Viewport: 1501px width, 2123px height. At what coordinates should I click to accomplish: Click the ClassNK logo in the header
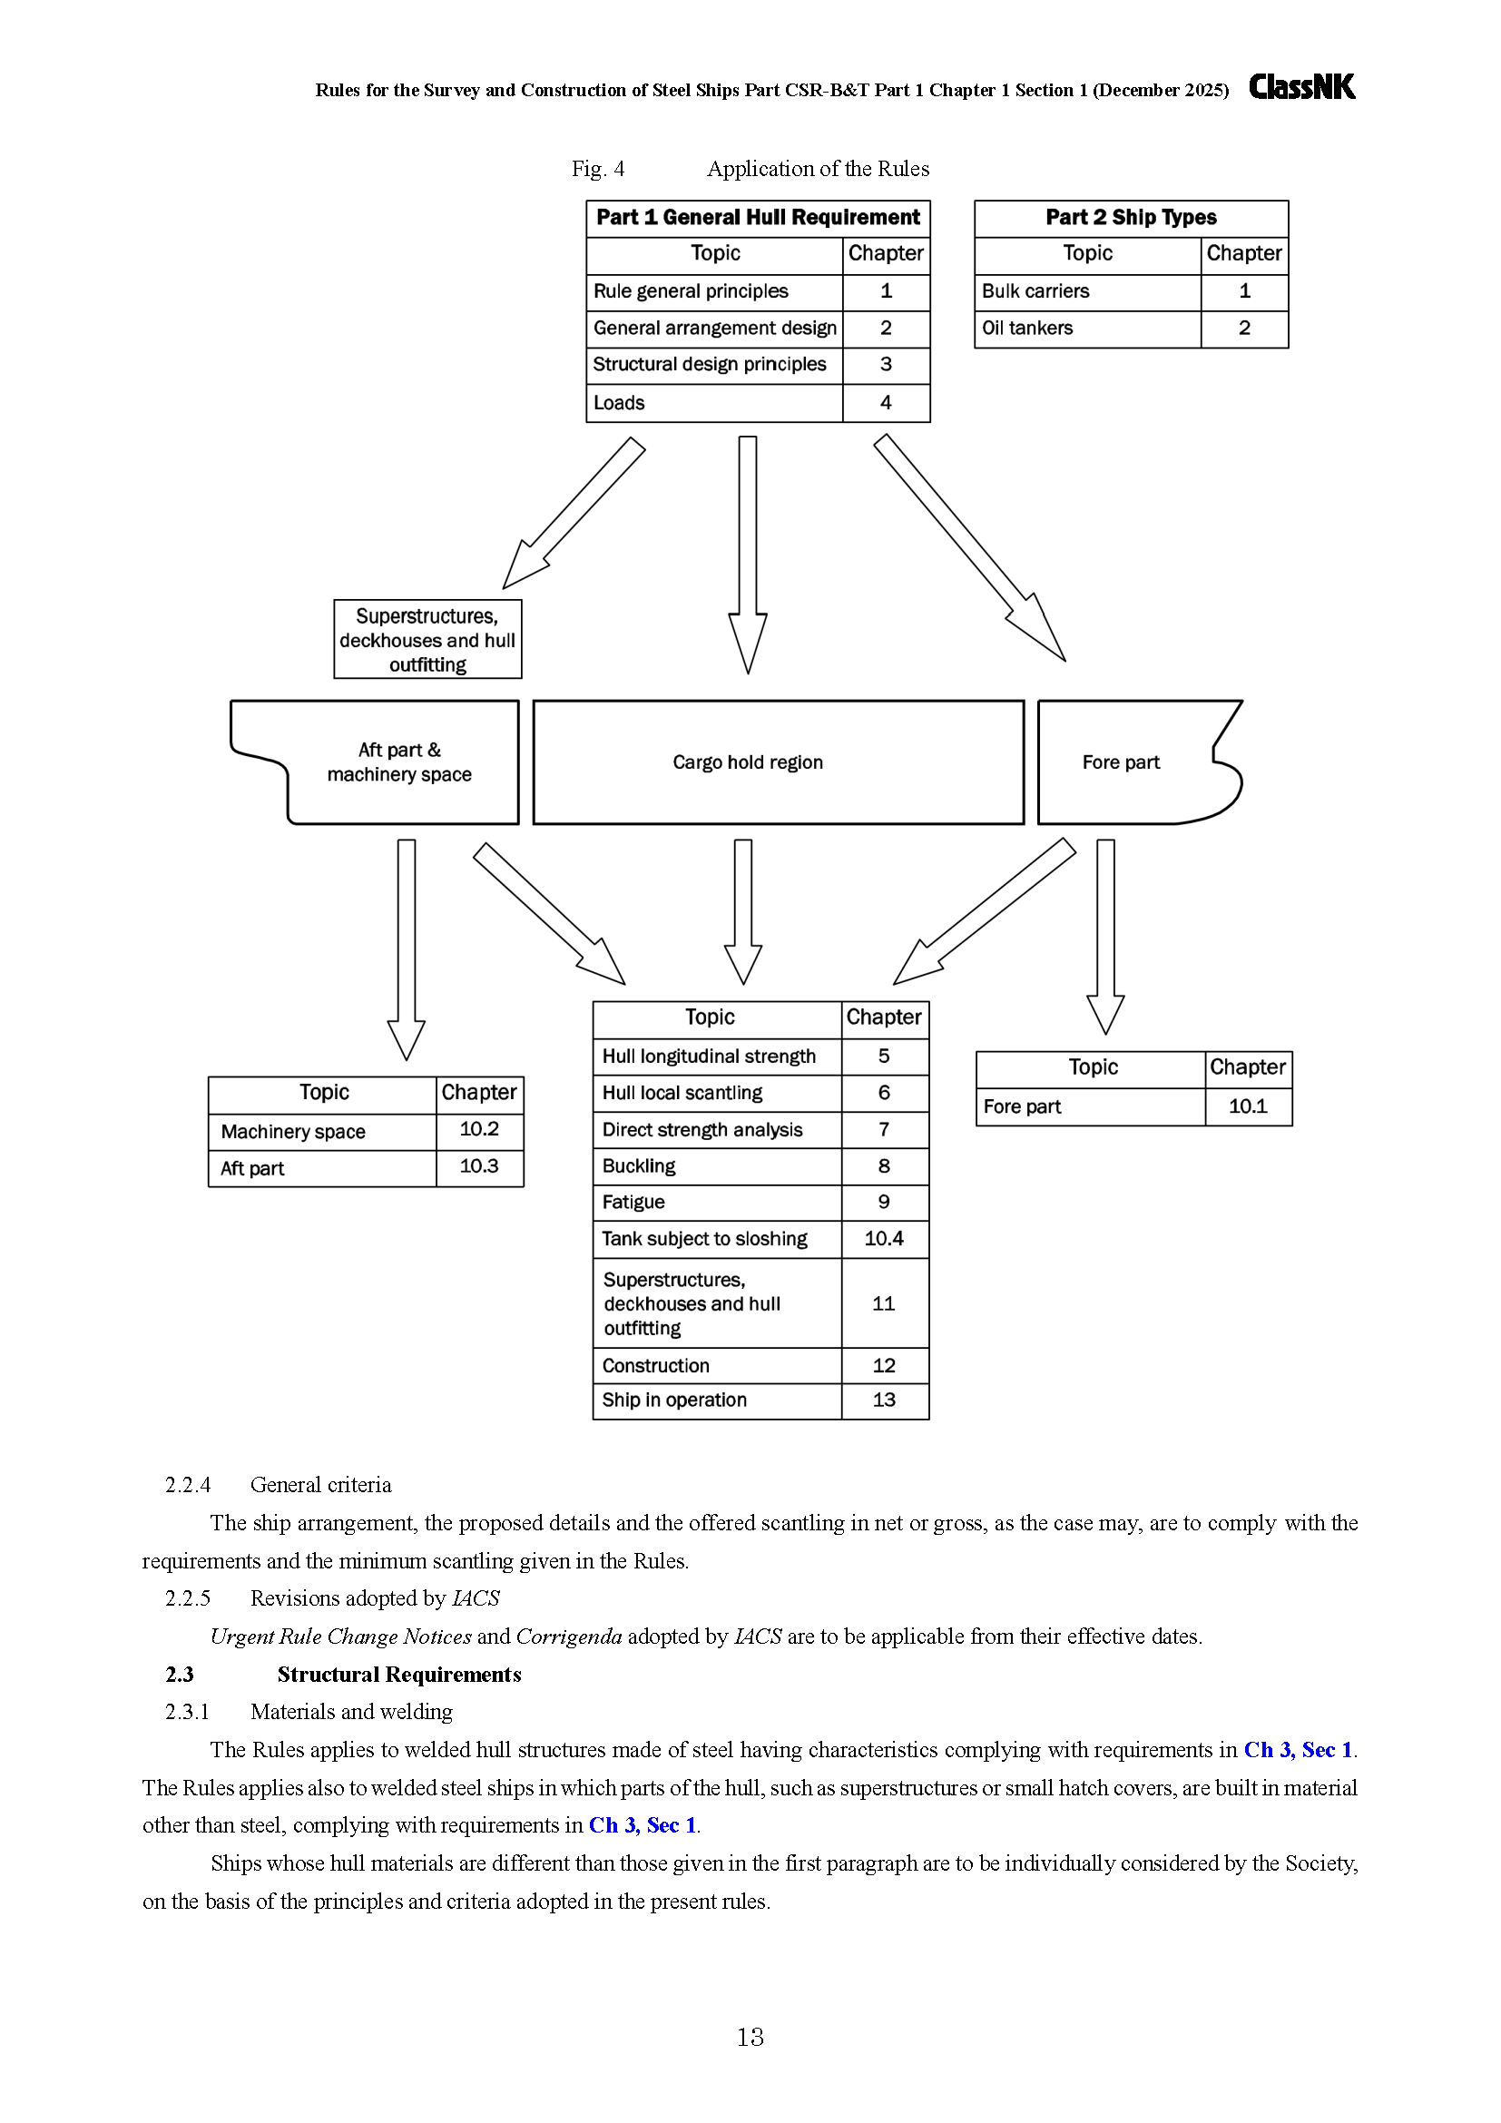1301,87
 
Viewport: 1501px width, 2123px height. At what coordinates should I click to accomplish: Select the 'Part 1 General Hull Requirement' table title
758,218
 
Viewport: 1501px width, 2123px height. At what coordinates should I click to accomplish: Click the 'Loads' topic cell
714,403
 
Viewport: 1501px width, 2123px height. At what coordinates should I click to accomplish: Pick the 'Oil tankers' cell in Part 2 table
1088,329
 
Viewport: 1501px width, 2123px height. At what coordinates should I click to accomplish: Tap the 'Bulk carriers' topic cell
1088,291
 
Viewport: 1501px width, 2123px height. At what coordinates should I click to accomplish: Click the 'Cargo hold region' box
779,762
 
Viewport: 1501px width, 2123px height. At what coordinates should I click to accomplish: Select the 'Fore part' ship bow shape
1140,762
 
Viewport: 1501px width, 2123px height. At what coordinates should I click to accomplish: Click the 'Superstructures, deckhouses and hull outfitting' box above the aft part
427,640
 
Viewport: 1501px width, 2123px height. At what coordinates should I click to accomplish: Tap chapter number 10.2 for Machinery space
480,1129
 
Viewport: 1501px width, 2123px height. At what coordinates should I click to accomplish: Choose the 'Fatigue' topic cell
717,1202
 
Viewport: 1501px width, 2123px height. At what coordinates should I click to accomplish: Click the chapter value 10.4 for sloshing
885,1239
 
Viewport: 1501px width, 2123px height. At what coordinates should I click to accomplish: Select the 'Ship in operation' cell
717,1401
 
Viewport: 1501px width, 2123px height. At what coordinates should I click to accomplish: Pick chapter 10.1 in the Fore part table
1248,1106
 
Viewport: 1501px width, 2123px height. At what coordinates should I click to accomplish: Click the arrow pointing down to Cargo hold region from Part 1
748,555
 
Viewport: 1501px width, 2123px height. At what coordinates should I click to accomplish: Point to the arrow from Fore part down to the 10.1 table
1105,936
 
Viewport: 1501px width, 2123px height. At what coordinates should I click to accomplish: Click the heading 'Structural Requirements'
399,1675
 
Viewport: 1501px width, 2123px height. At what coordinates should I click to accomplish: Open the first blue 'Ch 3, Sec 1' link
1298,1749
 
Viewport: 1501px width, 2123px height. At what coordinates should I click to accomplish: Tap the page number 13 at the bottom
750,2037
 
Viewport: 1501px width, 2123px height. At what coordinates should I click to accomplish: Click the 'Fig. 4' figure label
598,168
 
